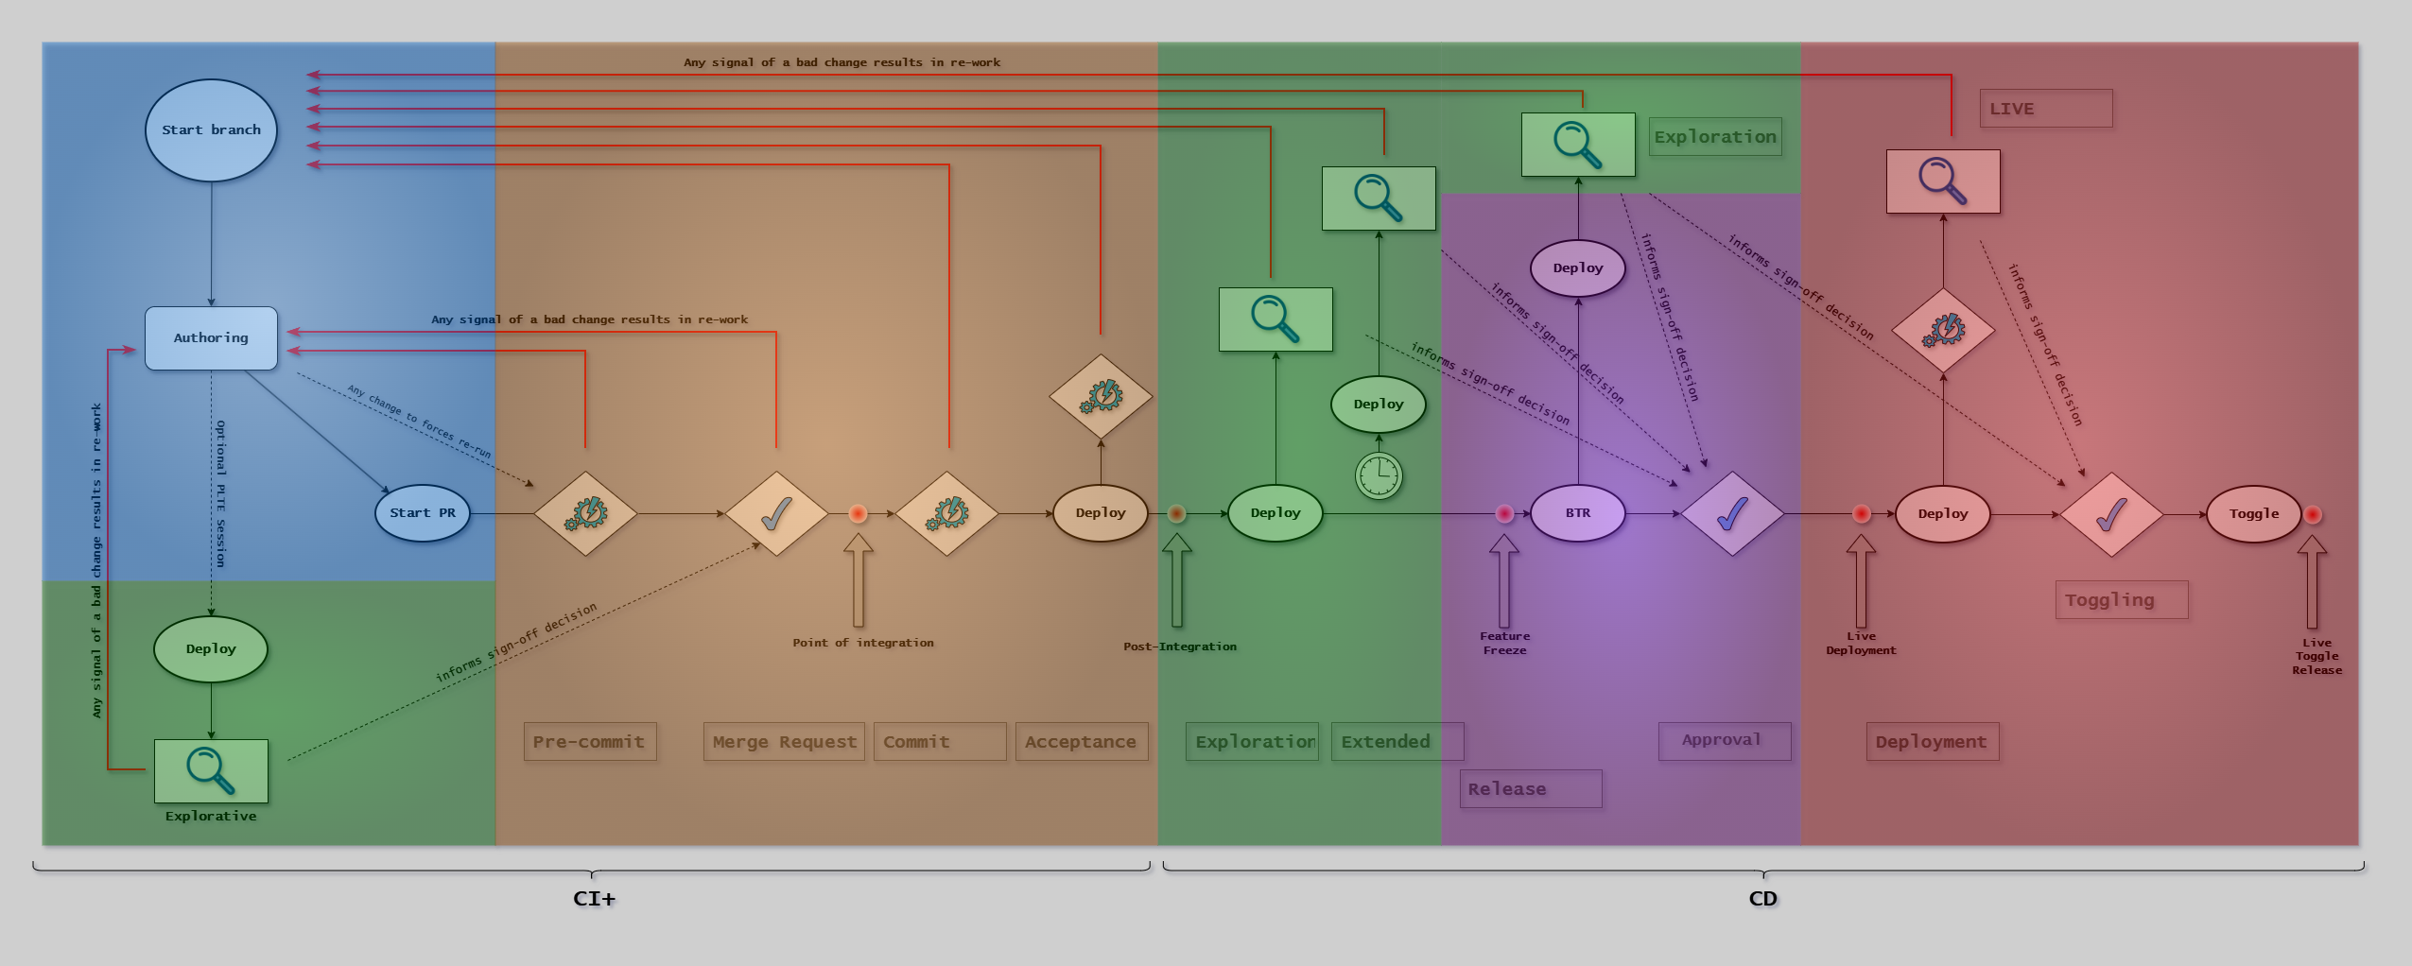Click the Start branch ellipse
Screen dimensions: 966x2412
coord(211,130)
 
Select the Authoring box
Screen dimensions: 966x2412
coord(211,337)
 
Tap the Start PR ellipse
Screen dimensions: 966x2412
coord(423,513)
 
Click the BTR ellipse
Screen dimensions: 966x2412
coord(1577,513)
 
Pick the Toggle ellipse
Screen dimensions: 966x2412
coord(2253,514)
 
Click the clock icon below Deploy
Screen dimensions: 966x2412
coord(1379,474)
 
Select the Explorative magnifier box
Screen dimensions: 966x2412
coord(211,770)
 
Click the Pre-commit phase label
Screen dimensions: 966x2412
coord(590,742)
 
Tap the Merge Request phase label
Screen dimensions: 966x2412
coord(784,742)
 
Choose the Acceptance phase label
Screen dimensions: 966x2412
coord(1081,742)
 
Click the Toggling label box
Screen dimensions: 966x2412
coord(2121,600)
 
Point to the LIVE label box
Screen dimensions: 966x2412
coord(2045,109)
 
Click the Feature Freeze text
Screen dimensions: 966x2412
coord(1504,644)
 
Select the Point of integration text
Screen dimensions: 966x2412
coord(862,643)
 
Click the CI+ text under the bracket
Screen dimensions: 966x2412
coord(594,899)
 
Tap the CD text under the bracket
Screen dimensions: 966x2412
coord(1762,899)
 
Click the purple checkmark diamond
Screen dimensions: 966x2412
coord(1731,514)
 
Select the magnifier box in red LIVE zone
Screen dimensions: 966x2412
coord(1943,181)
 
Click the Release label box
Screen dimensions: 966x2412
coord(1530,789)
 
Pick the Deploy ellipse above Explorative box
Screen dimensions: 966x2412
coord(211,649)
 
